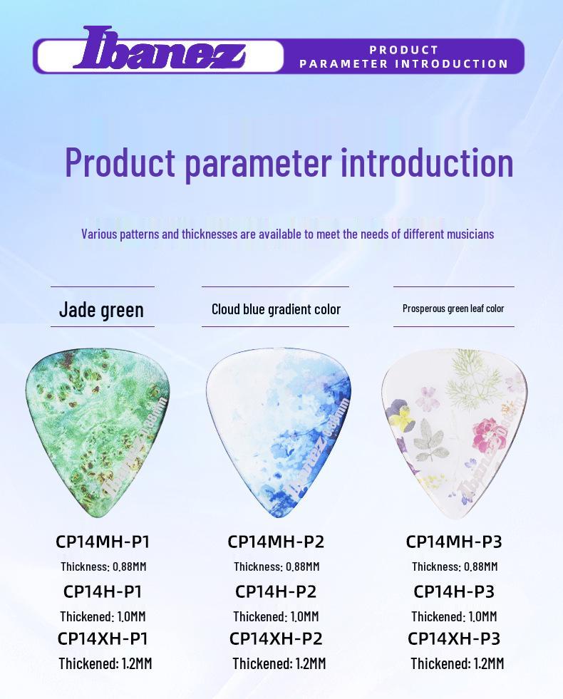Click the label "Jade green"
point(101,309)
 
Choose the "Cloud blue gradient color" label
point(276,309)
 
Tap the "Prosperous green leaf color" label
point(453,309)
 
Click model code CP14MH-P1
point(103,542)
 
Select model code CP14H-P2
point(276,591)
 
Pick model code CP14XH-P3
point(454,638)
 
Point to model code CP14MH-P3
point(454,542)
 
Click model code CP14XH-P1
point(103,638)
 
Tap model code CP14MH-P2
point(276,542)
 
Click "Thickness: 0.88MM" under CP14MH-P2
point(277,566)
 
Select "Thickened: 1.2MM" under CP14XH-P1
point(105,663)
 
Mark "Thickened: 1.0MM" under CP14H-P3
point(454,616)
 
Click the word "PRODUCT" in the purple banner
point(404,50)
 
